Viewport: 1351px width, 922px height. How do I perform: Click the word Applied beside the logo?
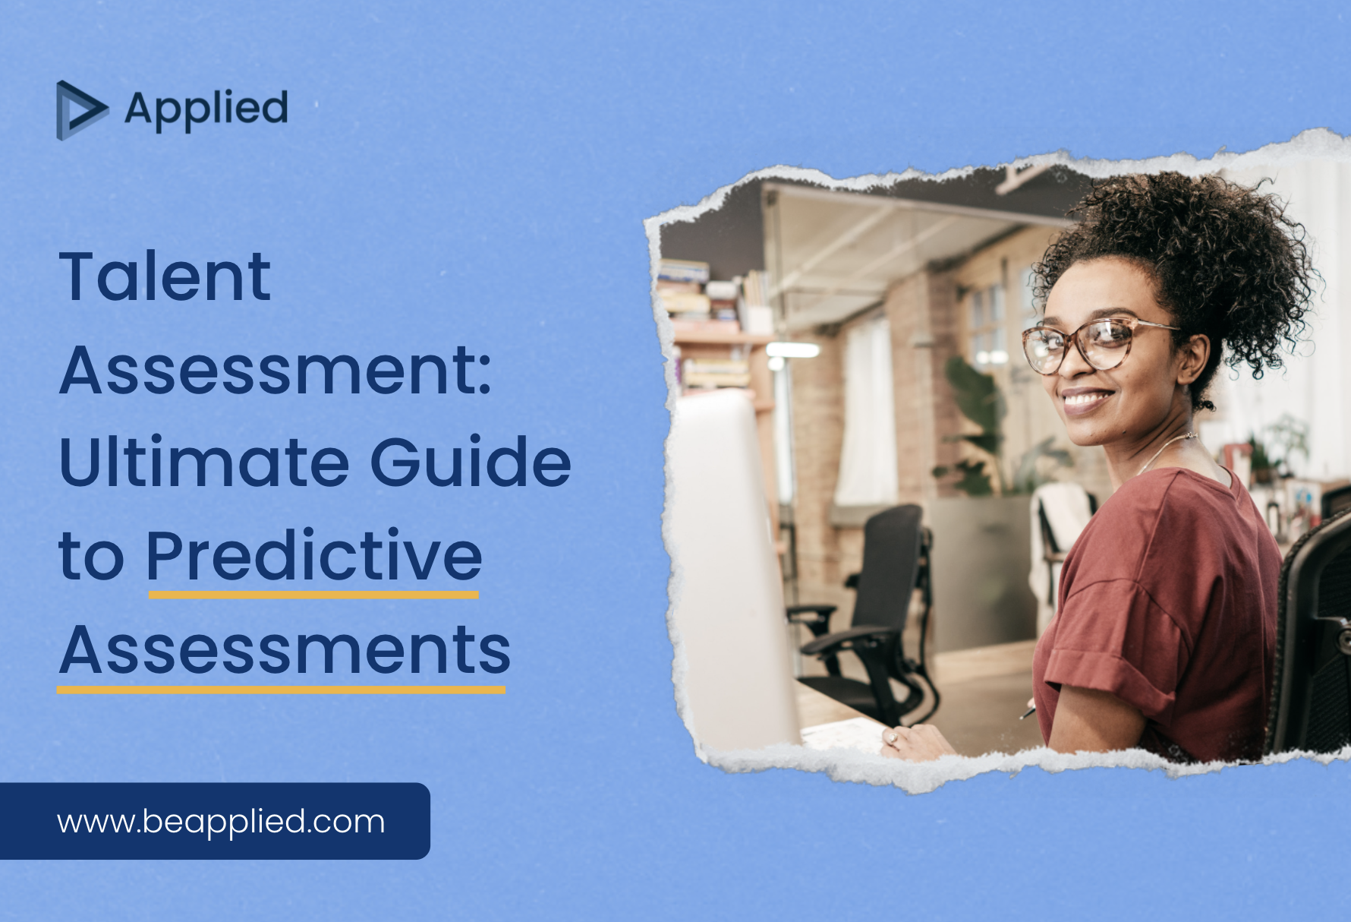coord(206,109)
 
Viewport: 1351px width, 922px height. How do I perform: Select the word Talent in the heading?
coord(165,276)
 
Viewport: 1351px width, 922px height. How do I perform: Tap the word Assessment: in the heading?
coord(276,370)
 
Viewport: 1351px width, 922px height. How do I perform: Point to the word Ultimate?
coord(204,463)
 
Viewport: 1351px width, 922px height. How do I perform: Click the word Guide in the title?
coord(471,463)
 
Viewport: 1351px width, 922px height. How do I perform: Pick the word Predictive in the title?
coord(313,556)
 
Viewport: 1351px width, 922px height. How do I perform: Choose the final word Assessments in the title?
coord(285,650)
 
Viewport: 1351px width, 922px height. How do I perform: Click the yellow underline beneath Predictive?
coord(313,595)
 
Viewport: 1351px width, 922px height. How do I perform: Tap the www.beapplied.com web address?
coord(221,822)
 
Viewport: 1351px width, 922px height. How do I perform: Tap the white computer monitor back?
coord(732,570)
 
